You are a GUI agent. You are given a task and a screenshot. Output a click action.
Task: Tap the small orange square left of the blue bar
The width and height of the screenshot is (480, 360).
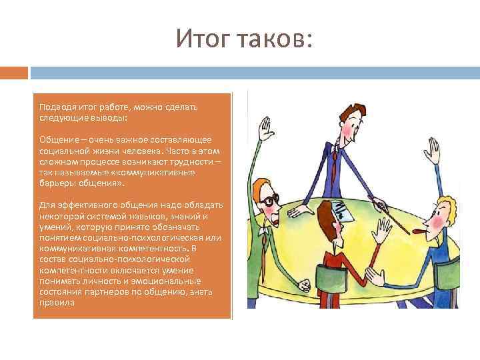[14, 72]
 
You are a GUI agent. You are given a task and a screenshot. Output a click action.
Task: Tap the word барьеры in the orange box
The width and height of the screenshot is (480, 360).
[55, 182]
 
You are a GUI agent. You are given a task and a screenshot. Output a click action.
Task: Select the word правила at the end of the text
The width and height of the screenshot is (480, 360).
[54, 302]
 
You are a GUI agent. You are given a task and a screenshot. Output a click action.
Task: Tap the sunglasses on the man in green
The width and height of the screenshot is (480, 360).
[268, 201]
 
